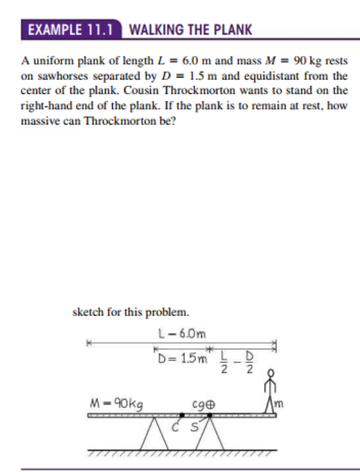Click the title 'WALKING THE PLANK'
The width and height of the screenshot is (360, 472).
(190, 29)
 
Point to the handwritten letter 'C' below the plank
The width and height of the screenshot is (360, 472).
(175, 426)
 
